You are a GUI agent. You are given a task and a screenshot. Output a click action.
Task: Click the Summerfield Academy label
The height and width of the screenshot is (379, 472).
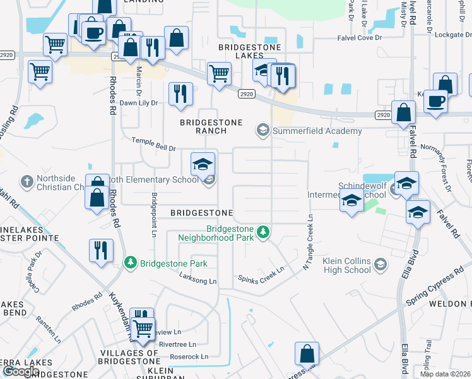317,131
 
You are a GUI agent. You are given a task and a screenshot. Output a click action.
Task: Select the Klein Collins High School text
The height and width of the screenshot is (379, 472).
347,265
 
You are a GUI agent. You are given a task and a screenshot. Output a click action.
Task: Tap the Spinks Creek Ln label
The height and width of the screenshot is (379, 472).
261,274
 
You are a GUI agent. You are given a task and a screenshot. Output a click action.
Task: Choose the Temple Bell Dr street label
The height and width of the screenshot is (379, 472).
153,144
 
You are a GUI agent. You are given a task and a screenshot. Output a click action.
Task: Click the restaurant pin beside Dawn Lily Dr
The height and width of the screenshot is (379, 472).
180,93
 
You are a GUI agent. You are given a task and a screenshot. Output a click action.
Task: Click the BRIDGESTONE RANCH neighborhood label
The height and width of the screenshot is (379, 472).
203,126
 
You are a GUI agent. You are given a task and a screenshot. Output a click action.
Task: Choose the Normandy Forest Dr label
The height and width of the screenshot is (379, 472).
439,170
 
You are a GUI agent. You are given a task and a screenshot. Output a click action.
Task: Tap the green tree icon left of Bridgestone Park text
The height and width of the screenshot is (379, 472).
131,262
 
